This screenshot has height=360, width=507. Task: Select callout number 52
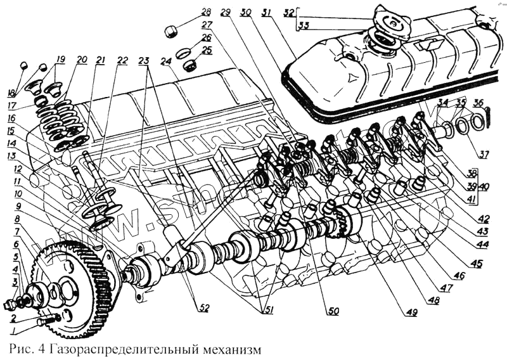click(203, 308)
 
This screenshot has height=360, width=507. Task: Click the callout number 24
click(166, 61)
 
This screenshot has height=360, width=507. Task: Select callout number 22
click(122, 60)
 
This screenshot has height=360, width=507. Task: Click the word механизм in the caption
click(229, 349)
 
